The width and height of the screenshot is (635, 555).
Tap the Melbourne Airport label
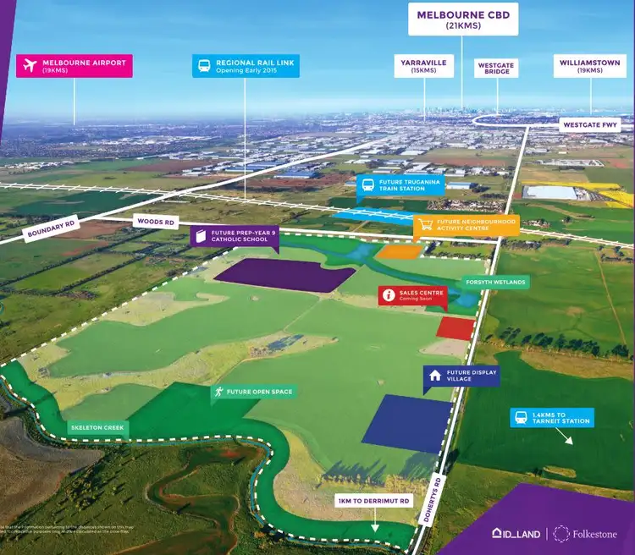pyautogui.click(x=75, y=66)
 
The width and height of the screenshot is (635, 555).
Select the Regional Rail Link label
pyautogui.click(x=245, y=66)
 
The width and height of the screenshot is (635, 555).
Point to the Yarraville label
pyautogui.click(x=424, y=66)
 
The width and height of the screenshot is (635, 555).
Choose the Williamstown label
pyautogui.click(x=590, y=66)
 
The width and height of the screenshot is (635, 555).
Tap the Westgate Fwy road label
pyautogui.click(x=590, y=125)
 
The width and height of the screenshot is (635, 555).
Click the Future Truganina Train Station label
pyautogui.click(x=400, y=185)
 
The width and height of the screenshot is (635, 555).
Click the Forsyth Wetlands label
pyautogui.click(x=495, y=282)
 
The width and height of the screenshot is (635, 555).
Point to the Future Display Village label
pyautogui.click(x=457, y=376)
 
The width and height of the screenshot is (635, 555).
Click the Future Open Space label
pyautogui.click(x=254, y=392)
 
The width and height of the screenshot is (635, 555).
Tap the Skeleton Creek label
pyautogui.click(x=97, y=428)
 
